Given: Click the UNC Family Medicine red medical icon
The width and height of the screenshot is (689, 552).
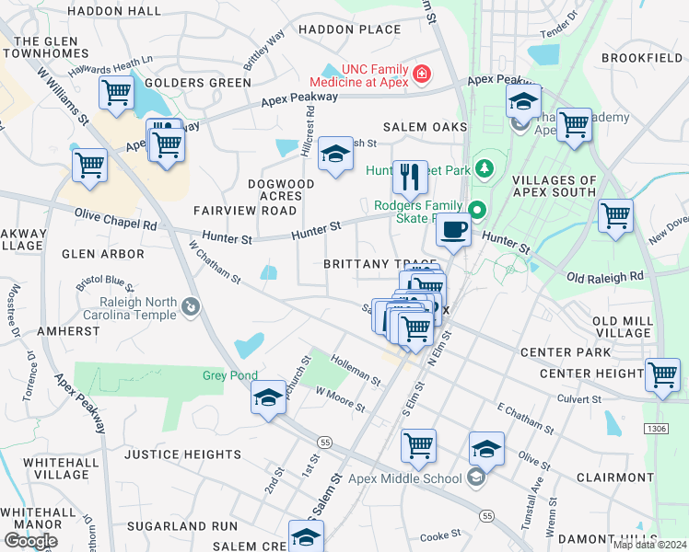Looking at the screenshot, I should (422, 73).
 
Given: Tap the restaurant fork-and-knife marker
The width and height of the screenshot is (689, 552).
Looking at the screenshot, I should (410, 175).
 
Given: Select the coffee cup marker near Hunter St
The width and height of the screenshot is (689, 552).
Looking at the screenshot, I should (452, 230).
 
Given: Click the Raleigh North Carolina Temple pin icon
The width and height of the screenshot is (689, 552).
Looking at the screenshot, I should (190, 305).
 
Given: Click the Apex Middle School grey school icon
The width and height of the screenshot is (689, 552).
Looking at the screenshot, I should (475, 477).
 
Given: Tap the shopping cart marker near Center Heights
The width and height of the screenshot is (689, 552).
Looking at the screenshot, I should (663, 374).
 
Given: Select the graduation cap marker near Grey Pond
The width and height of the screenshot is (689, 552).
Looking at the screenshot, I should (268, 397).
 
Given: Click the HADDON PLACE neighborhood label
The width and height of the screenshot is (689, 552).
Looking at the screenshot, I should (350, 29).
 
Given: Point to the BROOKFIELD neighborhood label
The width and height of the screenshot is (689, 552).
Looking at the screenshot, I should (641, 58).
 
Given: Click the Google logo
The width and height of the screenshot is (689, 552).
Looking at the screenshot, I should (30, 541).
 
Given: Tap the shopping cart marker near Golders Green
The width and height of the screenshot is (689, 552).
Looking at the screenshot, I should (117, 92).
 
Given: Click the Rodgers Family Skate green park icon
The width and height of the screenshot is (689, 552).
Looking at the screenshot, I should (475, 206).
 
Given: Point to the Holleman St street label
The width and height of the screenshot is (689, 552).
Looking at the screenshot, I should (356, 371).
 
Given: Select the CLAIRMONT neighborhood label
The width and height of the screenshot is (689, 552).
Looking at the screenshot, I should (613, 478).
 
